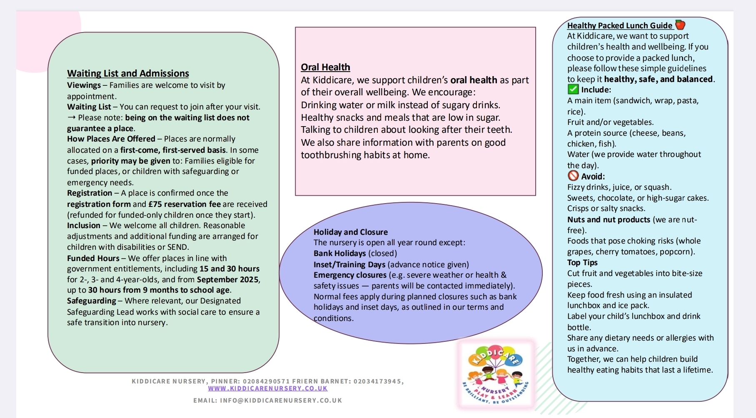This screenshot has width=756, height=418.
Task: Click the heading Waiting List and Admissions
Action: pos(128,74)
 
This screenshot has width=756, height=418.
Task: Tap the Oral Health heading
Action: pos(325,67)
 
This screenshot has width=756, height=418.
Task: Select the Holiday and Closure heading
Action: pos(350,232)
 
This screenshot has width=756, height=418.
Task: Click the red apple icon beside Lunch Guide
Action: pos(680,25)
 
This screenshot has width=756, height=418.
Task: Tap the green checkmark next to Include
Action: pos(573,90)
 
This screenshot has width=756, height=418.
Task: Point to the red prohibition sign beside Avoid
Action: pos(573,176)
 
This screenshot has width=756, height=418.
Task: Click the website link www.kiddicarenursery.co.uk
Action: pos(268,388)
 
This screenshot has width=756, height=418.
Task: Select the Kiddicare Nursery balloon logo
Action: pos(495,373)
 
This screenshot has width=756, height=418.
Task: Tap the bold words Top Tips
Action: pos(582,263)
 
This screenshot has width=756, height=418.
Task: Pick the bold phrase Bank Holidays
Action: pos(339,254)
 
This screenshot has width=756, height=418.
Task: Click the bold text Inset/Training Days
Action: pos(349,264)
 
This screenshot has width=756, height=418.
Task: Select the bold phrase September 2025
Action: pos(228,279)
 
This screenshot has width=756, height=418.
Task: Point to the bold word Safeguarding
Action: pos(92,301)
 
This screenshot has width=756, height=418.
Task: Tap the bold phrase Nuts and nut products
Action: pos(609,220)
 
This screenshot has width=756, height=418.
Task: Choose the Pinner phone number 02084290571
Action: pos(266,381)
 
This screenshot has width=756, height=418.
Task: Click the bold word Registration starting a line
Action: pos(90,193)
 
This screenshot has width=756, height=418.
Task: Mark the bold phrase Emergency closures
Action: pos(350,275)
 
